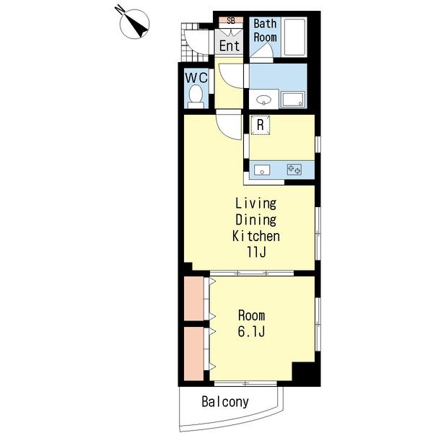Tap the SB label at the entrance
coord(231,20)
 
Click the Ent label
coord(229,45)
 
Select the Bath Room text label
coord(265,30)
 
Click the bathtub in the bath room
coord(295,37)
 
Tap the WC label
coord(196,78)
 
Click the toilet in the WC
coord(196,97)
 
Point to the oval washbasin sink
coord(263,100)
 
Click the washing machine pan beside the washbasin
coord(293,100)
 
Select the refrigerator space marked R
coord(260,125)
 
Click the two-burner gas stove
coord(294,170)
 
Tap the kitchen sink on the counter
coord(262,170)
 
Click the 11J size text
coord(256,252)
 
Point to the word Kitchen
coord(256,236)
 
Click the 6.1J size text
coord(251,331)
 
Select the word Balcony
coord(225,402)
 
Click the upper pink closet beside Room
coord(194,299)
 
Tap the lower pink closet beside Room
coord(194,354)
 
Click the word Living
coord(255,204)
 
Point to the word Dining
coord(255,220)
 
